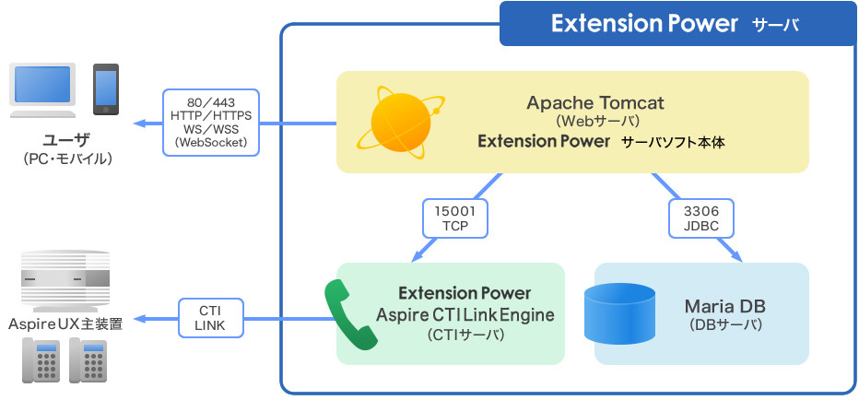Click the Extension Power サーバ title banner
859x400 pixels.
677,24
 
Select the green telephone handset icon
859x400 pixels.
349,313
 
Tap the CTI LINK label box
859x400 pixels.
209,317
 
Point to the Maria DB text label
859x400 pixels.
725,305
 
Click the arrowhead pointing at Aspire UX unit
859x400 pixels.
140,318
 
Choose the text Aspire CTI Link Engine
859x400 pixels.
465,314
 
